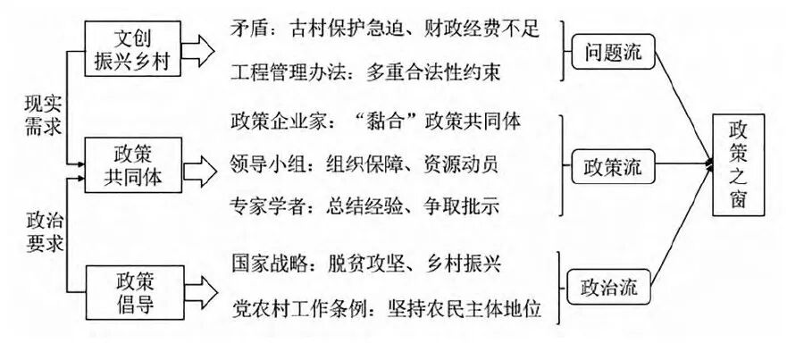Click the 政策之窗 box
(740, 165)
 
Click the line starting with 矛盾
(384, 29)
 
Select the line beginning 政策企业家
(375, 121)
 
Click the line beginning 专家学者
(364, 206)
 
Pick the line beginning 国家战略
(365, 264)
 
